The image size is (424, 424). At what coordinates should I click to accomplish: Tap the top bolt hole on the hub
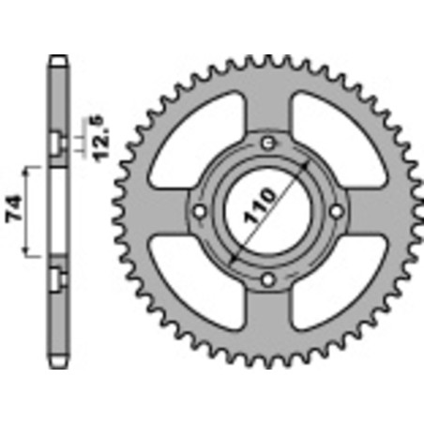(x=268, y=142)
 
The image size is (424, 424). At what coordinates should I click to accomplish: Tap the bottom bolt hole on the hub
(x=268, y=279)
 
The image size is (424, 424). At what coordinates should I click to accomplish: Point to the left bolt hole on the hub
(x=200, y=210)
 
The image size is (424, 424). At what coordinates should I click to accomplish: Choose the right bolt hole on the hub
(x=337, y=210)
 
